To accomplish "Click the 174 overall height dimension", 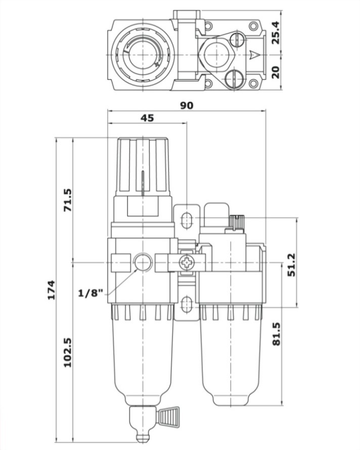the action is click(52, 290).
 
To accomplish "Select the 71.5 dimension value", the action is click(68, 200).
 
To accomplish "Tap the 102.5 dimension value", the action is click(68, 353).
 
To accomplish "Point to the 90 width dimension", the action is click(187, 106).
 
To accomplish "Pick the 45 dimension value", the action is click(147, 118).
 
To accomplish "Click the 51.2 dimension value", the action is click(291, 264).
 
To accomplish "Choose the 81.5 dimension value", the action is click(276, 334).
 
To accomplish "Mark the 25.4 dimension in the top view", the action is click(276, 32).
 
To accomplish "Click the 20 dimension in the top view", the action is click(276, 72).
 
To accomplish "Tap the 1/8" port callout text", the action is click(91, 293).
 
